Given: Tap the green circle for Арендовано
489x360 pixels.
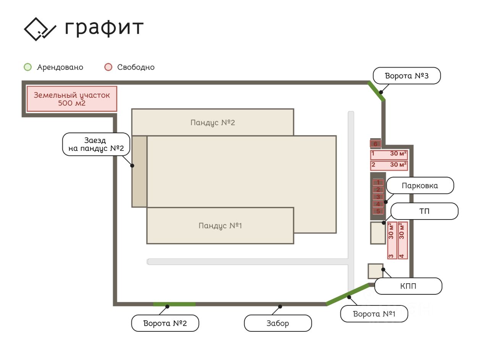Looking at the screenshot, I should coord(28,67).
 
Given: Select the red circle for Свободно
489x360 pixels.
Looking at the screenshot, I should coord(108,67).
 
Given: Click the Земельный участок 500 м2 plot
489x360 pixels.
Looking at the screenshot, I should coord(71,99).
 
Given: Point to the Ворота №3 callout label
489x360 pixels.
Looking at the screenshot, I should coord(406,76).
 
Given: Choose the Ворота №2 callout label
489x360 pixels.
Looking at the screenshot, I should coord(165,323).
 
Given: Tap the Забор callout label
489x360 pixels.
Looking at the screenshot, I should coord(278,323).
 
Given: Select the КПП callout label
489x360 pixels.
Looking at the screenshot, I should coord(408,286).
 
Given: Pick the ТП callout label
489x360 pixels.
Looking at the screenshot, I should coord(424,211).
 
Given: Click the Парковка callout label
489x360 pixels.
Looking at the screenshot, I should coord(420,186).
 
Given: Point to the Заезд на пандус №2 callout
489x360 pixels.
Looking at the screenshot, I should coord(96,144).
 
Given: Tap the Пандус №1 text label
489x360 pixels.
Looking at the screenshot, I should coord(220,226).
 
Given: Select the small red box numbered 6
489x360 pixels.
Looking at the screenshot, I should coord(375,144).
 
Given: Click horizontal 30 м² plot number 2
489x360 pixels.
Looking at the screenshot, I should coord(389,165).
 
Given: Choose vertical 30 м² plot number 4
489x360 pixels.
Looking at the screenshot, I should coord(403,241).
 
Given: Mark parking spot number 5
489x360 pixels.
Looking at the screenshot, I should coord(378,211).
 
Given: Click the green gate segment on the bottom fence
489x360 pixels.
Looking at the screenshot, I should coord(174,304).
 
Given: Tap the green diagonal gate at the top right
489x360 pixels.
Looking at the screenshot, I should coord(376,91).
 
